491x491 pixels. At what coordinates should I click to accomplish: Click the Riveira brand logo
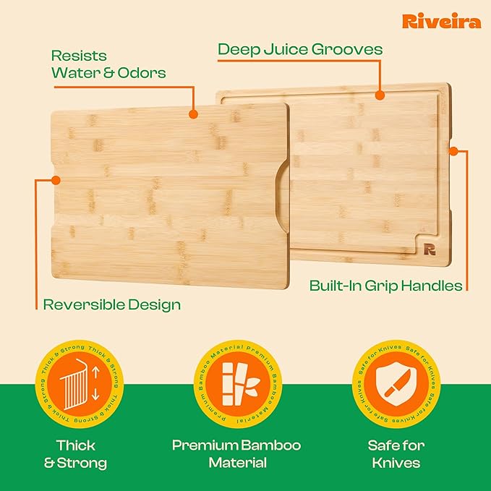442,21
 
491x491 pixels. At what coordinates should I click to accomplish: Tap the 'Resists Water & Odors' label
108,64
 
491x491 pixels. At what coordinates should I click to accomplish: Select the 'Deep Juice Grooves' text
300,49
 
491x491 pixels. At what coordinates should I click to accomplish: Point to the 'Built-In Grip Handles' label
385,285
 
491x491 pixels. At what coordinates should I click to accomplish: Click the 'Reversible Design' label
111,304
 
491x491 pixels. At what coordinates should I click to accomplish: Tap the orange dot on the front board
192,114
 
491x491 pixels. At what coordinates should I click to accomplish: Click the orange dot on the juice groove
379,95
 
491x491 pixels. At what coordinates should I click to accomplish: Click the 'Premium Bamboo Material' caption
236,454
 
